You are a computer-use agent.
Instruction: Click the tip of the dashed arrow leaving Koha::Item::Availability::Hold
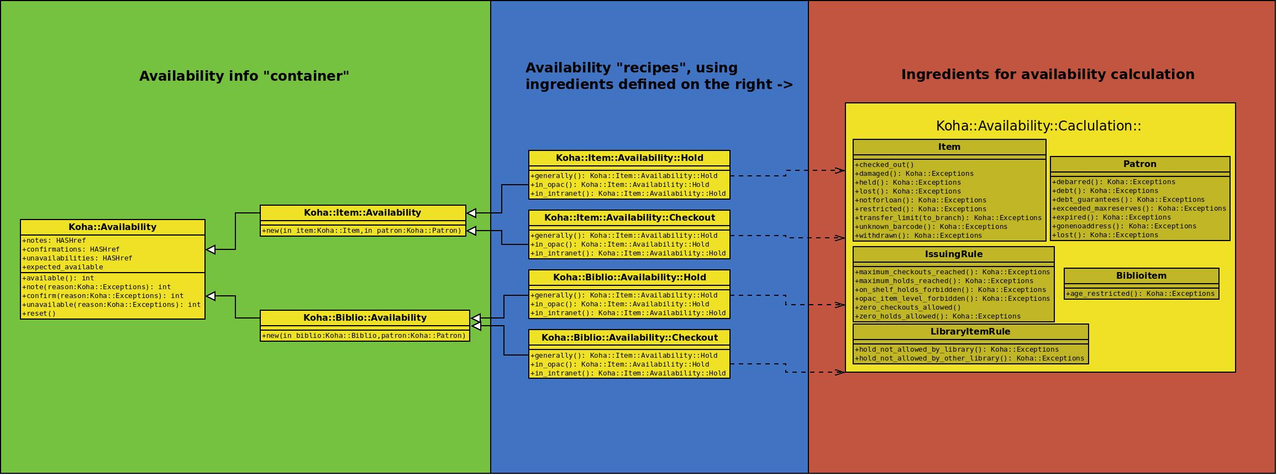(845, 171)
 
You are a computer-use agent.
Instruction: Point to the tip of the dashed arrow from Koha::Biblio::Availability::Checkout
(845, 373)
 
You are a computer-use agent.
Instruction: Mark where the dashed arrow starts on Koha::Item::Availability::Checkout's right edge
(731, 236)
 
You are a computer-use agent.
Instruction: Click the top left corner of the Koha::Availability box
(20, 220)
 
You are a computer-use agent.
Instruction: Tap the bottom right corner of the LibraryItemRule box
(1089, 364)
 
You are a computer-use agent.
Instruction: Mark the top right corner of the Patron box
(1230, 157)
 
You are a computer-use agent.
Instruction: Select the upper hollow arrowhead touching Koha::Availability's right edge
(211, 250)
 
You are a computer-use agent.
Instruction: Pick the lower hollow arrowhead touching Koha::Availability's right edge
(211, 296)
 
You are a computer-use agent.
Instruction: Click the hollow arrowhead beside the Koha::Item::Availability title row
(471, 213)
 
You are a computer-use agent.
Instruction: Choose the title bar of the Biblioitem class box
(1142, 276)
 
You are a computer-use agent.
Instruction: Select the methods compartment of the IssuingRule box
(954, 294)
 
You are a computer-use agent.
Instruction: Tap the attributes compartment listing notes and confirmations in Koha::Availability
(113, 254)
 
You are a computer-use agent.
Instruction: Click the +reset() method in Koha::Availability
(39, 314)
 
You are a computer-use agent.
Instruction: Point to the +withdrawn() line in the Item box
(918, 236)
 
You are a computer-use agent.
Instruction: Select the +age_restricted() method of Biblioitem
(1140, 294)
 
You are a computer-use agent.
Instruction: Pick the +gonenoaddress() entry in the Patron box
(1124, 226)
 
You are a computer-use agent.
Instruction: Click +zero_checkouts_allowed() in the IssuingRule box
(908, 307)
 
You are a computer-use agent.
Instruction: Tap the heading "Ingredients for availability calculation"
(1048, 75)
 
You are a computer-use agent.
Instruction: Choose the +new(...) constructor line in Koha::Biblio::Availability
(364, 336)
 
